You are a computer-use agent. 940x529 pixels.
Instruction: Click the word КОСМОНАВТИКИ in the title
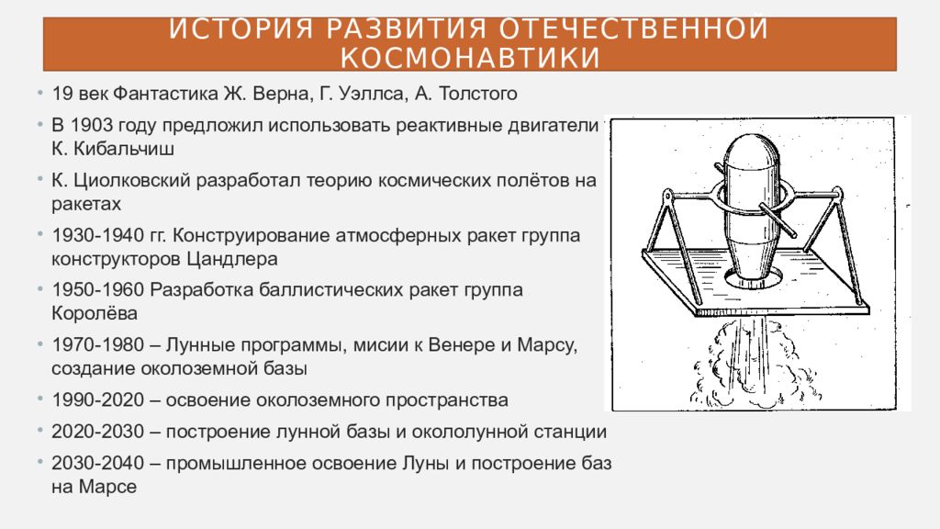[x=470, y=57]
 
